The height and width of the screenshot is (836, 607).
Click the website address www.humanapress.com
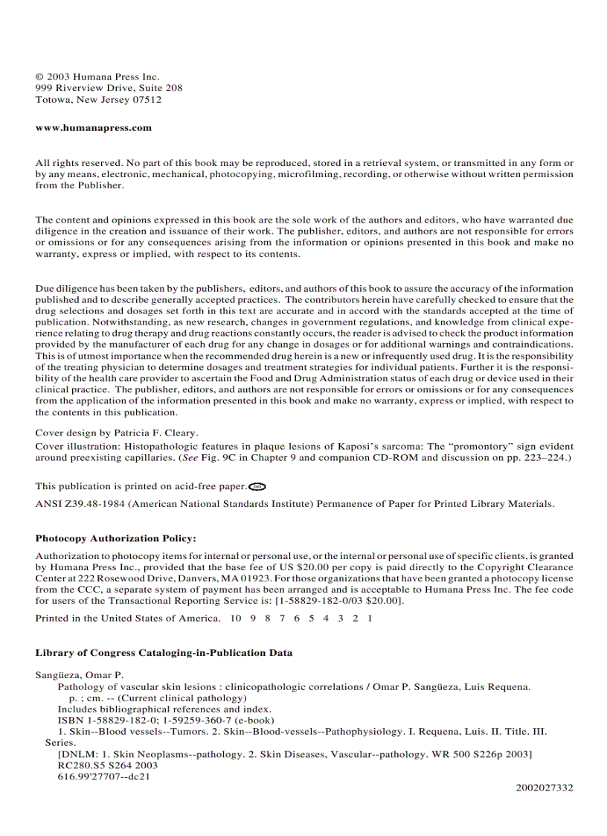pyautogui.click(x=94, y=127)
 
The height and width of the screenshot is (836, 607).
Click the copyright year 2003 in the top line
pyautogui.click(x=59, y=76)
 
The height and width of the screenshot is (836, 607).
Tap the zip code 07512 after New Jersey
pyautogui.click(x=147, y=99)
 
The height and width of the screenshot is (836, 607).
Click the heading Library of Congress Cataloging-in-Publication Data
pyautogui.click(x=164, y=653)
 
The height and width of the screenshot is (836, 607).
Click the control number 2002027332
pyautogui.click(x=545, y=787)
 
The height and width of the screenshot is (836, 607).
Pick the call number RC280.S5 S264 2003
pyautogui.click(x=107, y=765)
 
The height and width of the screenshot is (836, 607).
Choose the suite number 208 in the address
pyautogui.click(x=174, y=87)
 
